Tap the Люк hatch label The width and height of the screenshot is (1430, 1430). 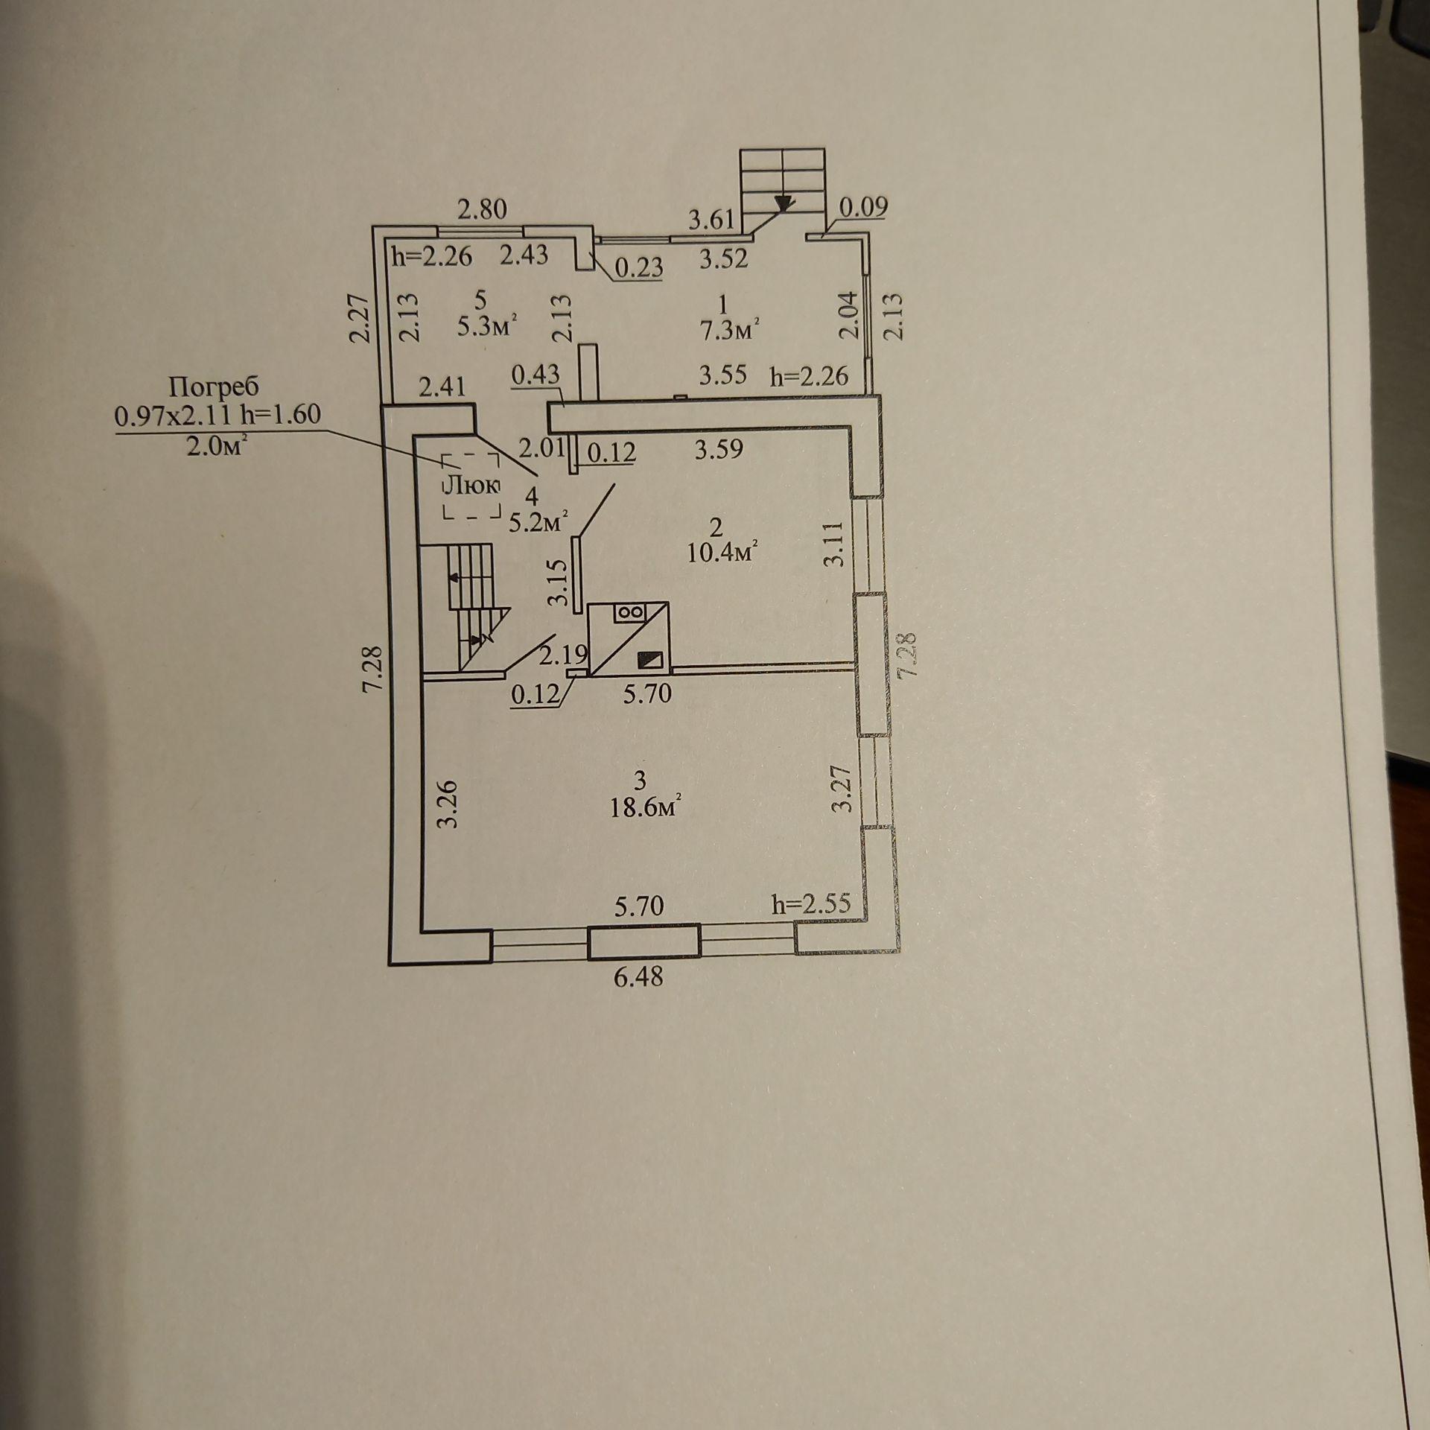click(472, 486)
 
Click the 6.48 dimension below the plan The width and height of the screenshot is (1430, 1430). click(638, 976)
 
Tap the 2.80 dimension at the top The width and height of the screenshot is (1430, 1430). click(482, 210)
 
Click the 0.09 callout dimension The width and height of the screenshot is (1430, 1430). click(863, 208)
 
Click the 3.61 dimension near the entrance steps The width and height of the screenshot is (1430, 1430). click(711, 220)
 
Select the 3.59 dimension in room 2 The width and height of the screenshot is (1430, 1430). click(719, 449)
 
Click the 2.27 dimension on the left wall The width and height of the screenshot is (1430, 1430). click(360, 316)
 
